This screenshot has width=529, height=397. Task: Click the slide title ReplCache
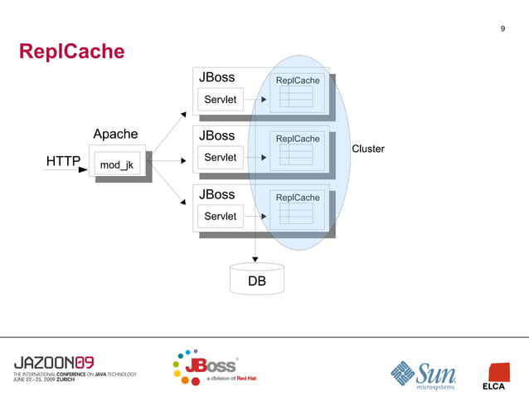(x=72, y=52)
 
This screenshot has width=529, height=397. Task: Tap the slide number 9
(x=502, y=30)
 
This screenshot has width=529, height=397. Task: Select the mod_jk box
(x=116, y=165)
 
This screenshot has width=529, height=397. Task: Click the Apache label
(x=115, y=135)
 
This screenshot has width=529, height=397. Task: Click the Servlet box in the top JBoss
(x=220, y=100)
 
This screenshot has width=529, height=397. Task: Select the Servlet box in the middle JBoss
(x=220, y=158)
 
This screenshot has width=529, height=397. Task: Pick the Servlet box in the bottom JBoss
(x=220, y=217)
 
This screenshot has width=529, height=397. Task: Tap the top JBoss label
(x=216, y=77)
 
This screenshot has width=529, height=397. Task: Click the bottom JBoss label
(x=216, y=194)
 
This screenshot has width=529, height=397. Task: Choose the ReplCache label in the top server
(x=298, y=81)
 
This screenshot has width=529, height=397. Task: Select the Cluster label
(x=368, y=149)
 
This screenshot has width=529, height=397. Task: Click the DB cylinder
(x=257, y=280)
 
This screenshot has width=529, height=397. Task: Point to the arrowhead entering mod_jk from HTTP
(x=83, y=170)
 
